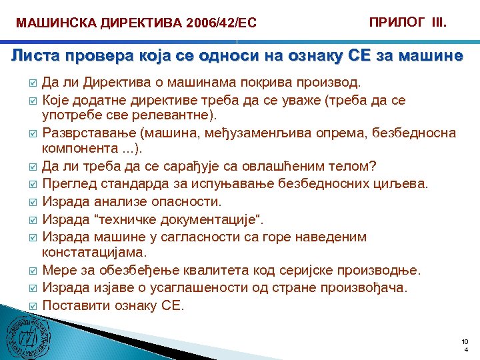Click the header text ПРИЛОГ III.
coord(408,22)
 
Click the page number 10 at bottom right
coord(465,341)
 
